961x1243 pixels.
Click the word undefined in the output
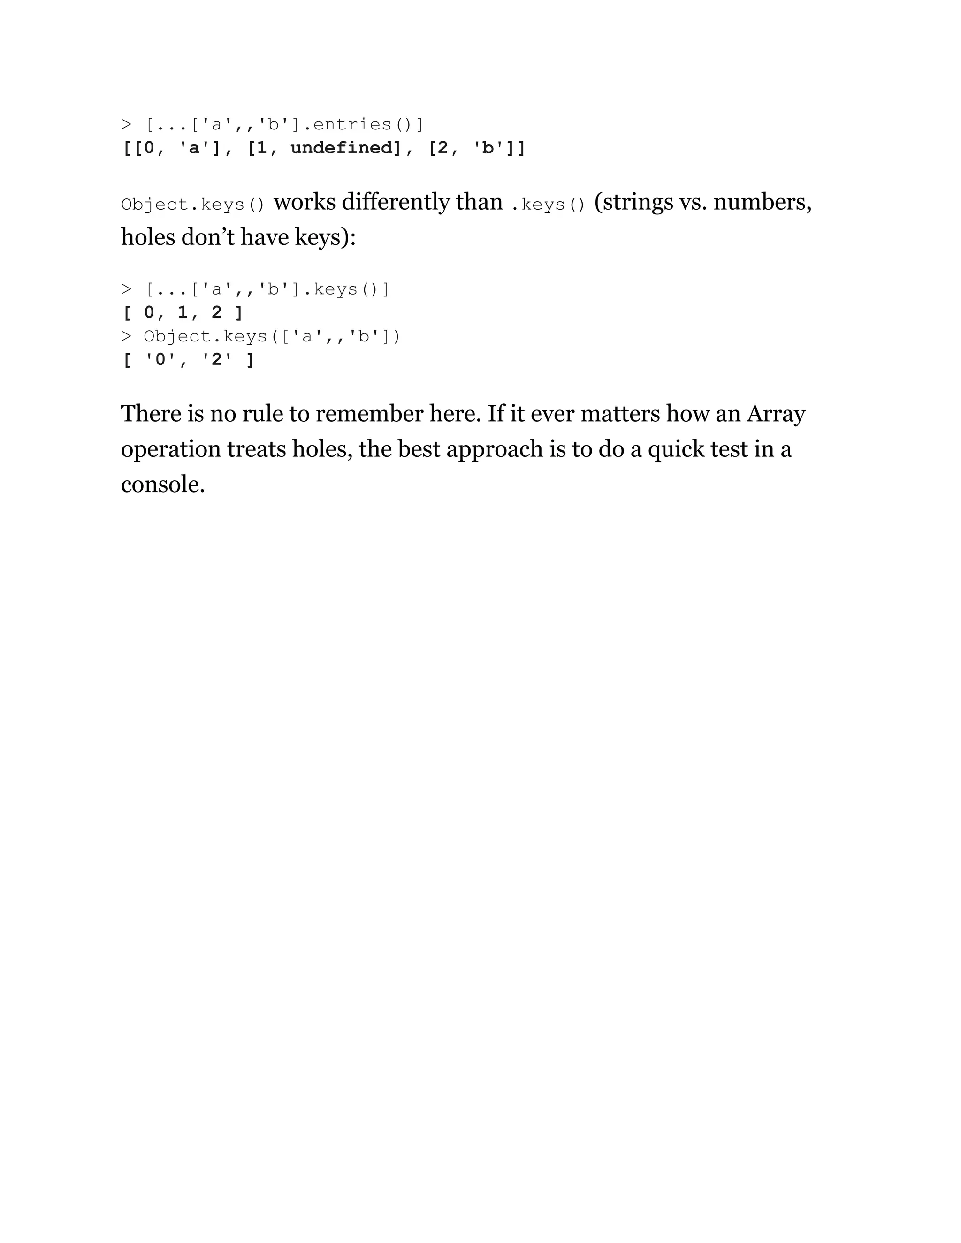342,148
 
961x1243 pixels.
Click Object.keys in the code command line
206,336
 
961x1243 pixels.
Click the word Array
775,414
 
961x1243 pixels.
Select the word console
162,485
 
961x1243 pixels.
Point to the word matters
620,414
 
